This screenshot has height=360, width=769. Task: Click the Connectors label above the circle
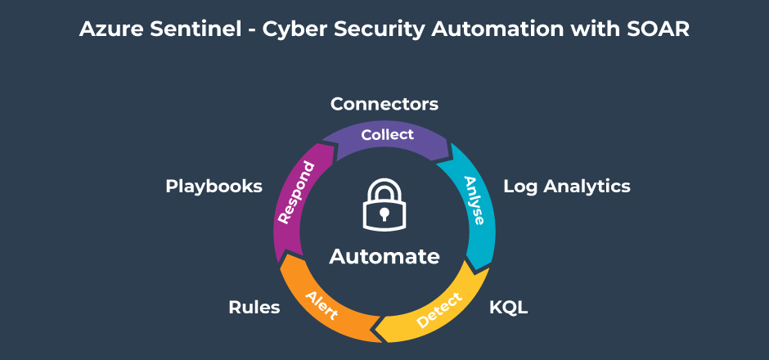click(384, 104)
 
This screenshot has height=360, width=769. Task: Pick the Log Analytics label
click(566, 186)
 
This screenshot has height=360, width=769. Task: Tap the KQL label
click(508, 308)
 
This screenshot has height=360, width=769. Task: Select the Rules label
click(254, 308)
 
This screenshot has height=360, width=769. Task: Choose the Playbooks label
click(214, 186)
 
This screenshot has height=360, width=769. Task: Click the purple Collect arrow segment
click(387, 135)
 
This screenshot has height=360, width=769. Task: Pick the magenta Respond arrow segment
click(295, 193)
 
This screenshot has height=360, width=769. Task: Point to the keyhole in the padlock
click(384, 214)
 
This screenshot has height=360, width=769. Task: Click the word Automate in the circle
click(384, 256)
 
